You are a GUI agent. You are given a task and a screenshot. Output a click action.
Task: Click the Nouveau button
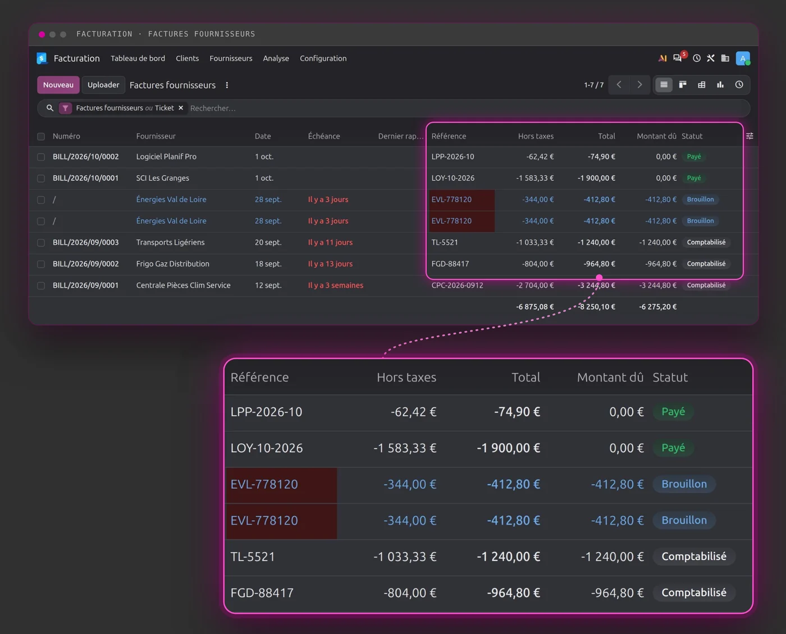point(58,85)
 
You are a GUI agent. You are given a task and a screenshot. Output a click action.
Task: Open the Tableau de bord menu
point(138,58)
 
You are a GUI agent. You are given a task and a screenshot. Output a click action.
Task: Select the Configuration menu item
point(323,58)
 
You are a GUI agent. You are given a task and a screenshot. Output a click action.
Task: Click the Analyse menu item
point(276,58)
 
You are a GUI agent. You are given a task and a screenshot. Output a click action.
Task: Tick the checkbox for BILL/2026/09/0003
point(41,243)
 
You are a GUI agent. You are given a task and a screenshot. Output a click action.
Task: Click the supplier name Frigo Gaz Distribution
point(173,264)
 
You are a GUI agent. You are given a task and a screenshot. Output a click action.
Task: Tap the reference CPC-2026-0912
point(457,285)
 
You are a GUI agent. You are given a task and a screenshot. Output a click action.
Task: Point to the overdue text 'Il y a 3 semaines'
point(335,285)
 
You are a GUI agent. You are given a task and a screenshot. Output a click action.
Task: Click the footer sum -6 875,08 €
point(534,306)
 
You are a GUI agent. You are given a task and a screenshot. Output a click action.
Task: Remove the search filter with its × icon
point(181,108)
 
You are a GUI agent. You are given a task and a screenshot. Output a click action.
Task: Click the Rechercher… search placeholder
point(213,108)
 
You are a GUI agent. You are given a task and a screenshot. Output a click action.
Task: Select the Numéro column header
point(66,136)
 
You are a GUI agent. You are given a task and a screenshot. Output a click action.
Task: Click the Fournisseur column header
point(156,136)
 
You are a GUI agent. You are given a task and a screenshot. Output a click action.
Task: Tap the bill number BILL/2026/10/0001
point(85,178)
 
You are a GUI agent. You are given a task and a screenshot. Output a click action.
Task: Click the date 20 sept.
point(268,242)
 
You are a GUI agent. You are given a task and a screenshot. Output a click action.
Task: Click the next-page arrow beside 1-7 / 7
point(639,85)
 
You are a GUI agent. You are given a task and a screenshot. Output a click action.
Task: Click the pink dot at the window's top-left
point(42,34)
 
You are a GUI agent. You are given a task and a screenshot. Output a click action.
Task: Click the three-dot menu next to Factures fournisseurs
point(227,85)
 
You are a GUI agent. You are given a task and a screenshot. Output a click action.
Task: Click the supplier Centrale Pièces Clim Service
point(184,285)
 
